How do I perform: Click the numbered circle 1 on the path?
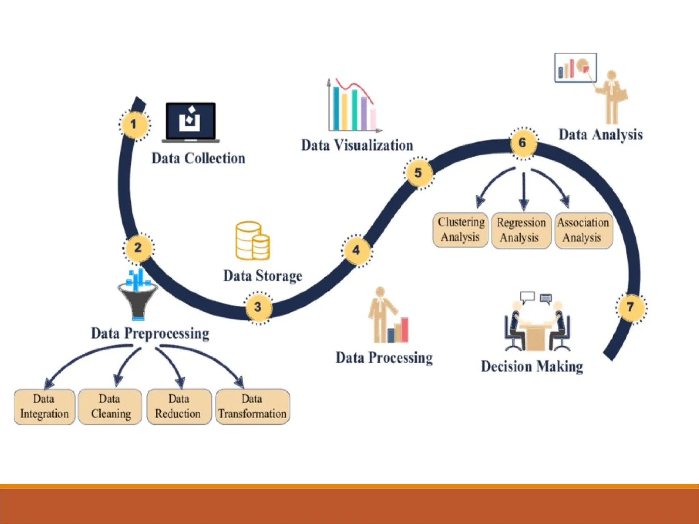click(134, 124)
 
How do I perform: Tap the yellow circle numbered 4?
click(356, 250)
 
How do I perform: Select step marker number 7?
click(631, 307)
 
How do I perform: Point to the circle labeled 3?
click(258, 307)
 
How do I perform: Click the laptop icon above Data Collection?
click(191, 122)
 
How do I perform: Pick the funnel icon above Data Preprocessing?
click(138, 297)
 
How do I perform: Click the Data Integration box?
click(44, 407)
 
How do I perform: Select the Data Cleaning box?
click(110, 407)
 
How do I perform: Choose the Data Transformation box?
click(253, 407)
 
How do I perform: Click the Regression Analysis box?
click(521, 230)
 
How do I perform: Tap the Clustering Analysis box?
click(460, 230)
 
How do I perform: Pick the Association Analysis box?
click(583, 230)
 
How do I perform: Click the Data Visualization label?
click(357, 145)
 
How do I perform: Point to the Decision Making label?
click(532, 366)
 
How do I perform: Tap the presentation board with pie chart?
click(575, 68)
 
